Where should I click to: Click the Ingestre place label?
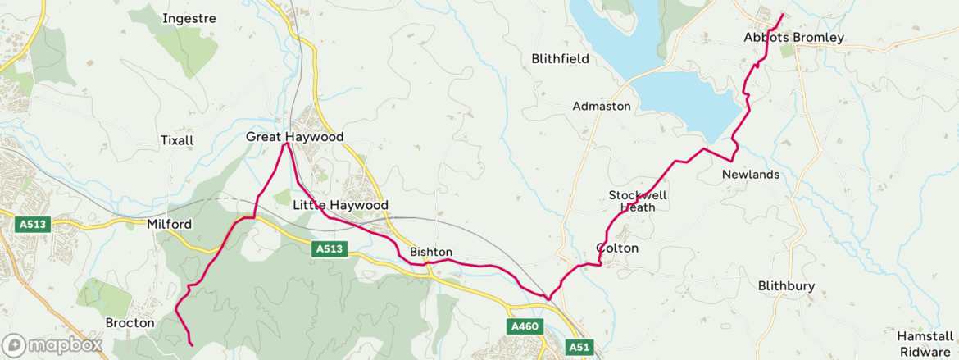tap(189, 18)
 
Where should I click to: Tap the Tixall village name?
tap(177, 140)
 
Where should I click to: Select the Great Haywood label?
tap(295, 137)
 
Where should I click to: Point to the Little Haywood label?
tap(340, 205)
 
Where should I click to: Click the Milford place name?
tap(169, 224)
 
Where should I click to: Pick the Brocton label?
tap(130, 323)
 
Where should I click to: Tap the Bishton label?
tap(431, 252)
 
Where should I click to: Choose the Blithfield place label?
tap(560, 58)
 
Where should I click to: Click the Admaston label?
tap(602, 107)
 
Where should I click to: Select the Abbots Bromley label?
tap(782, 38)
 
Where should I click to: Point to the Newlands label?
tap(751, 175)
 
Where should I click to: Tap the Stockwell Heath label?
tap(638, 201)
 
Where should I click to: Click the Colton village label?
tap(617, 248)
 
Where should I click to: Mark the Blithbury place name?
tap(786, 285)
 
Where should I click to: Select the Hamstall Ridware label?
tap(924, 343)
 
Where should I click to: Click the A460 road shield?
tap(524, 327)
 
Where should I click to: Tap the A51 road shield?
tap(579, 347)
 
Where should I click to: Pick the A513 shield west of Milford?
tap(33, 224)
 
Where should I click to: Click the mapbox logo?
tap(52, 345)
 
